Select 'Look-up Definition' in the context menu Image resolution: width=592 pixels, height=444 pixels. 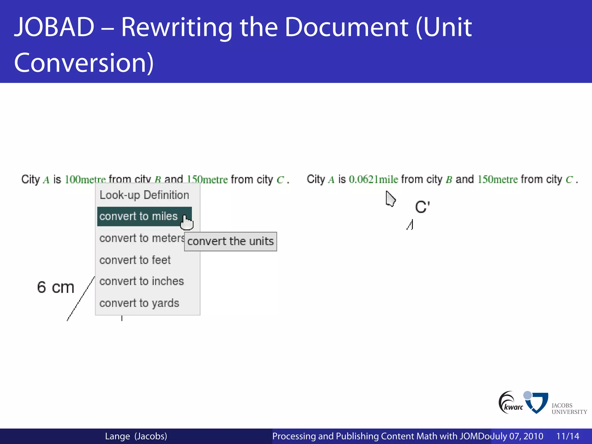pyautogui.click(x=144, y=195)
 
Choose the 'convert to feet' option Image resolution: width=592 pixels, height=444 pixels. pyautogui.click(x=135, y=260)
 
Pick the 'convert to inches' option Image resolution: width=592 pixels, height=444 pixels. pyautogui.click(x=142, y=281)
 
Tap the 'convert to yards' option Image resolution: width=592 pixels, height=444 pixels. pyautogui.click(x=139, y=303)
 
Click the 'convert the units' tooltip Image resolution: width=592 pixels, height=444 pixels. pyautogui.click(x=230, y=241)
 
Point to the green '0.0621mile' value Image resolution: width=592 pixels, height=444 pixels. pyautogui.click(x=373, y=180)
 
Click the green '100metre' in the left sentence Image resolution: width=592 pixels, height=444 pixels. pyautogui.click(x=85, y=180)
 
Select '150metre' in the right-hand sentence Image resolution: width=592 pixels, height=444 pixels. pyautogui.click(x=497, y=180)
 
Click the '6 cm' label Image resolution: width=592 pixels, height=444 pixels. pyautogui.click(x=55, y=288)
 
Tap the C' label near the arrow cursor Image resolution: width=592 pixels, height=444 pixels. pyautogui.click(x=422, y=207)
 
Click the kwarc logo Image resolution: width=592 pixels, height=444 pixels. pyautogui.click(x=510, y=403)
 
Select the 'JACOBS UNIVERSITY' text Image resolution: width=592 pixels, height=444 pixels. pyautogui.click(x=569, y=409)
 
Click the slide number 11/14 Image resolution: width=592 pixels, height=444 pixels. pyautogui.click(x=568, y=436)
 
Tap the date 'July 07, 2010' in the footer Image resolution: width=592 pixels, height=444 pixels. pyautogui.click(x=517, y=436)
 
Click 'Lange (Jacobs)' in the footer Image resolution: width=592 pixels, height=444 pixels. pyautogui.click(x=136, y=436)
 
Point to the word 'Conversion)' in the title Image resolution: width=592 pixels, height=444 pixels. pyautogui.click(x=84, y=63)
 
